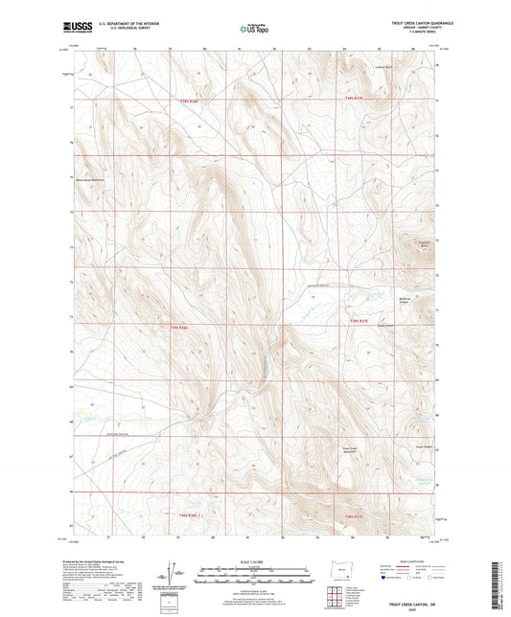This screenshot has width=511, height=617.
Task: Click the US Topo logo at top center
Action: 254,30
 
